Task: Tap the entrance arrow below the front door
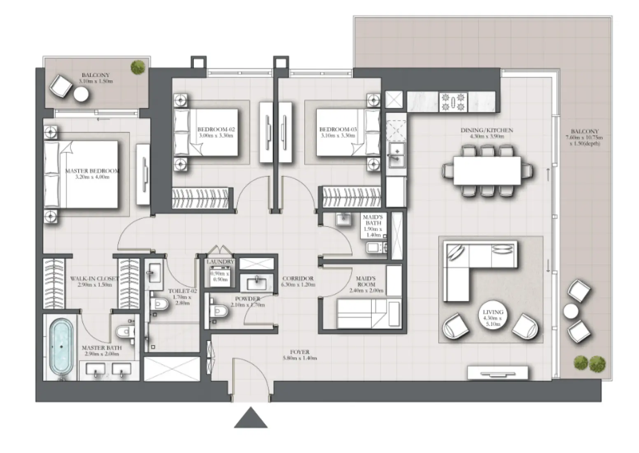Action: pyautogui.click(x=251, y=418)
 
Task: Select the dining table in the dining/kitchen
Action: pyautogui.click(x=487, y=170)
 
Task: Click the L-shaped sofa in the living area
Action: pyautogui.click(x=473, y=264)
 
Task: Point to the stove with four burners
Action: pyautogui.click(x=453, y=102)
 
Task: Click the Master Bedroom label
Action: pyautogui.click(x=92, y=173)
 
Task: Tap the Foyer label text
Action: pyautogui.click(x=299, y=355)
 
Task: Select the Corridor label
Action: pyautogui.click(x=298, y=281)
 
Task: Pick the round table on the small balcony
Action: pyautogui.click(x=81, y=95)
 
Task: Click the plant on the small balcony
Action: pyautogui.click(x=138, y=67)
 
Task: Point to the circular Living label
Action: pyautogui.click(x=492, y=318)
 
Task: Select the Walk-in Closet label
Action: pyautogui.click(x=94, y=281)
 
